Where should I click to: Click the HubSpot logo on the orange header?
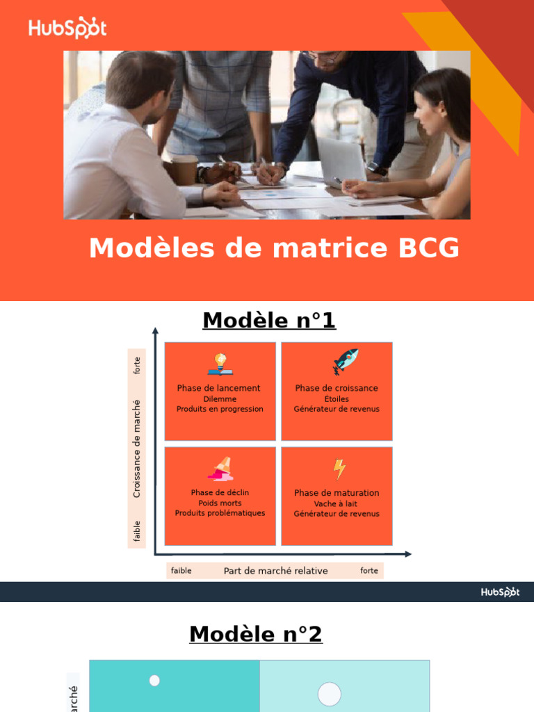point(67,28)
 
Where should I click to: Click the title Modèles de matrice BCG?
point(274,248)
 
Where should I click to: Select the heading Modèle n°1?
point(269,321)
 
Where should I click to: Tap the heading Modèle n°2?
point(256,634)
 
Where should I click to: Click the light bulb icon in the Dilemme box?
point(220,364)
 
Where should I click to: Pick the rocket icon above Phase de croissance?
point(345,362)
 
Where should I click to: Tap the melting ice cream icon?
point(220,469)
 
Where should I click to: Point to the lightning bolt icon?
point(339,469)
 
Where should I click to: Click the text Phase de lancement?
point(219,388)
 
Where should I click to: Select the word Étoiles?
point(337,399)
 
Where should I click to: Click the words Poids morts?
point(220,503)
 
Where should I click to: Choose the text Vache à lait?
point(336,503)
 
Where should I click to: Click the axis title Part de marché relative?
point(275,571)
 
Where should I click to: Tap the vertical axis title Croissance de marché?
point(137,448)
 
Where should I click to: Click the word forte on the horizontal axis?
point(369,571)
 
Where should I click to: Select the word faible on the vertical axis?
point(137,531)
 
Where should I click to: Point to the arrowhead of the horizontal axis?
point(407,554)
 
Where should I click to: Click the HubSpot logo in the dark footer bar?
point(500,592)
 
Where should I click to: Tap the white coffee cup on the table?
point(185,170)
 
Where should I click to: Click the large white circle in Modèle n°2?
point(330,694)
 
